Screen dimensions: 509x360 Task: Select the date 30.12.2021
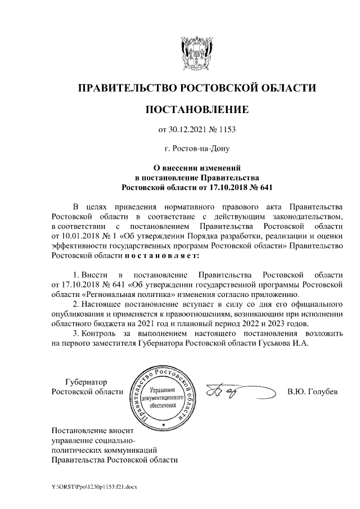(188, 130)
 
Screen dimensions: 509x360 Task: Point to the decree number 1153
(226, 130)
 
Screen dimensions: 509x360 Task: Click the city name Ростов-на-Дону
(196, 149)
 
